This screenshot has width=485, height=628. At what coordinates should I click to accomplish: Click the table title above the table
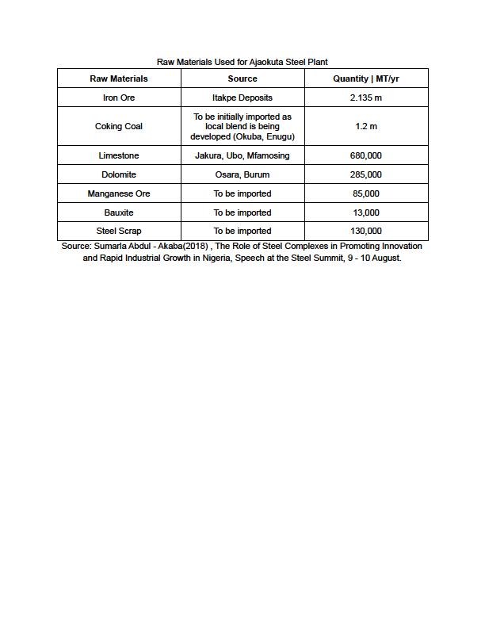click(x=242, y=61)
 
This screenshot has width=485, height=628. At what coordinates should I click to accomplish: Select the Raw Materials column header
click(x=119, y=78)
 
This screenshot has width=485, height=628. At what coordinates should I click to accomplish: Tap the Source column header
click(x=242, y=78)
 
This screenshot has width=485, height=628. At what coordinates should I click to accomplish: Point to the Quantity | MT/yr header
click(x=366, y=78)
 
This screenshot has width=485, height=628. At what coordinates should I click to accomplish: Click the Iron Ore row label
click(x=119, y=98)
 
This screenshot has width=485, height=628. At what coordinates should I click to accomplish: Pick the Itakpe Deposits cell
click(x=242, y=98)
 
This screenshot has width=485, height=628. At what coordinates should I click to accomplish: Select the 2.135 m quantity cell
click(x=366, y=98)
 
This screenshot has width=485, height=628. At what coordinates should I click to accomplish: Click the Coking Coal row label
click(x=119, y=126)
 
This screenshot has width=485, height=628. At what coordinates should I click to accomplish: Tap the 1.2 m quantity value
click(x=366, y=126)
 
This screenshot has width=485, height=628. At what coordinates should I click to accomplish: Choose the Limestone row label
click(x=119, y=155)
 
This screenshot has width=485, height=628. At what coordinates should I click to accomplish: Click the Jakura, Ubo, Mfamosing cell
click(x=242, y=155)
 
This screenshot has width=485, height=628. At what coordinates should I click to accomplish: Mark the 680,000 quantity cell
click(x=366, y=155)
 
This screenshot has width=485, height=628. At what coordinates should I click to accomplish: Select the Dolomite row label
click(x=119, y=174)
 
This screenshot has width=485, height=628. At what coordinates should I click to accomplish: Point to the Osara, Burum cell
click(x=242, y=174)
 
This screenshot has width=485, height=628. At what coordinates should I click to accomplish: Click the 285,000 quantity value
click(x=366, y=174)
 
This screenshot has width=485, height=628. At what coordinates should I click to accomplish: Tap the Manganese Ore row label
click(x=119, y=193)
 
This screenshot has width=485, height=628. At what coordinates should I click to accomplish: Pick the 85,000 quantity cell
click(x=366, y=193)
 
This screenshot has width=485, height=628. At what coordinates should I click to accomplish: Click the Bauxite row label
click(x=119, y=213)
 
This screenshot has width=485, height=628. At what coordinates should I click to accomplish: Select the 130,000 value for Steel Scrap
click(x=366, y=231)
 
